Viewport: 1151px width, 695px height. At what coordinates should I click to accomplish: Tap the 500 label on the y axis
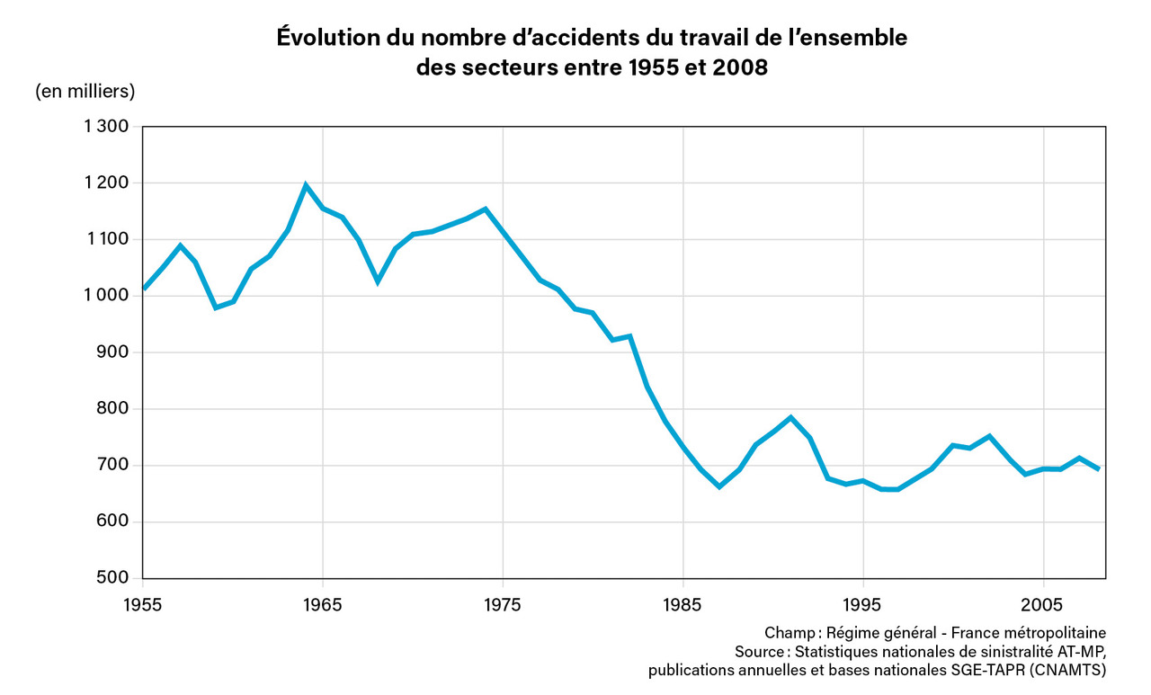click(115, 578)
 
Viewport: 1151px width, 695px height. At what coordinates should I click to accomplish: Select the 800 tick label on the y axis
click(115, 409)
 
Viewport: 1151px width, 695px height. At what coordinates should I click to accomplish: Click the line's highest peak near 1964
click(306, 185)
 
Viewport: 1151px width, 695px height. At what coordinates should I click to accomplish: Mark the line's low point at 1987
click(719, 486)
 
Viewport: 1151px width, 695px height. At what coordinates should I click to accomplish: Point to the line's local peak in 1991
click(790, 417)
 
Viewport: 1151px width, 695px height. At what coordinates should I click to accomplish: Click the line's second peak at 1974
click(486, 209)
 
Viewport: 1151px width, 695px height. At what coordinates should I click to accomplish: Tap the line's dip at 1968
click(378, 281)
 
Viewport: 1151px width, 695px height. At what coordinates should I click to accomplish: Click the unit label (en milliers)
click(85, 91)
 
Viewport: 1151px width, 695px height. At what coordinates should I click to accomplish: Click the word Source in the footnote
click(760, 651)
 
